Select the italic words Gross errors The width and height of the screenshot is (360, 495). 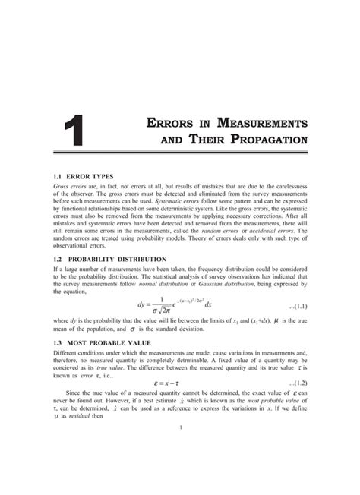(x=70, y=186)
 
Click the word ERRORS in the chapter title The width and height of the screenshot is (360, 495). (x=172, y=122)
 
